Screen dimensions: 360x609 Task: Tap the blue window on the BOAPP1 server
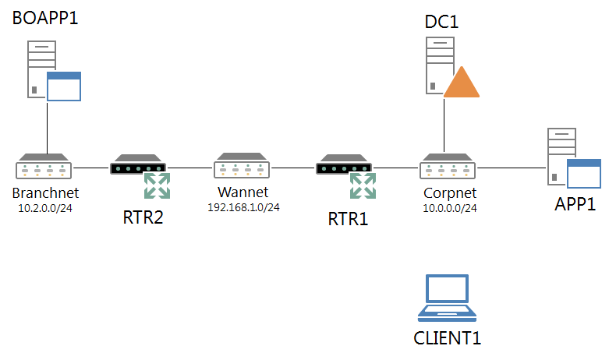(64, 86)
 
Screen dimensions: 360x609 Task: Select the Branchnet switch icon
(44, 168)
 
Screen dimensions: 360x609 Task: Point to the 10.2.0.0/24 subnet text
(44, 207)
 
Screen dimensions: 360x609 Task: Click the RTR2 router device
(138, 167)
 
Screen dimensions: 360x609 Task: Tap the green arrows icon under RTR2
(158, 185)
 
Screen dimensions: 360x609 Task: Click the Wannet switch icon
(243, 168)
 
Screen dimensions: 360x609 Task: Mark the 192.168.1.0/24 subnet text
(243, 207)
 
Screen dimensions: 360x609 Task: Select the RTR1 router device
(344, 167)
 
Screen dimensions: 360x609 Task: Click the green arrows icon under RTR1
(363, 185)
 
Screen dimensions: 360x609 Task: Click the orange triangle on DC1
(461, 83)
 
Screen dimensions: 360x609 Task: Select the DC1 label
(441, 22)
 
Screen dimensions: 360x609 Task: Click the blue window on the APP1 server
(583, 174)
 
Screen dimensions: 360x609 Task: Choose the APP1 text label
(575, 206)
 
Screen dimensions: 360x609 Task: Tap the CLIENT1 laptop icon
(447, 298)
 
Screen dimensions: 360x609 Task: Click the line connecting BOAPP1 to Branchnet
(47, 129)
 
